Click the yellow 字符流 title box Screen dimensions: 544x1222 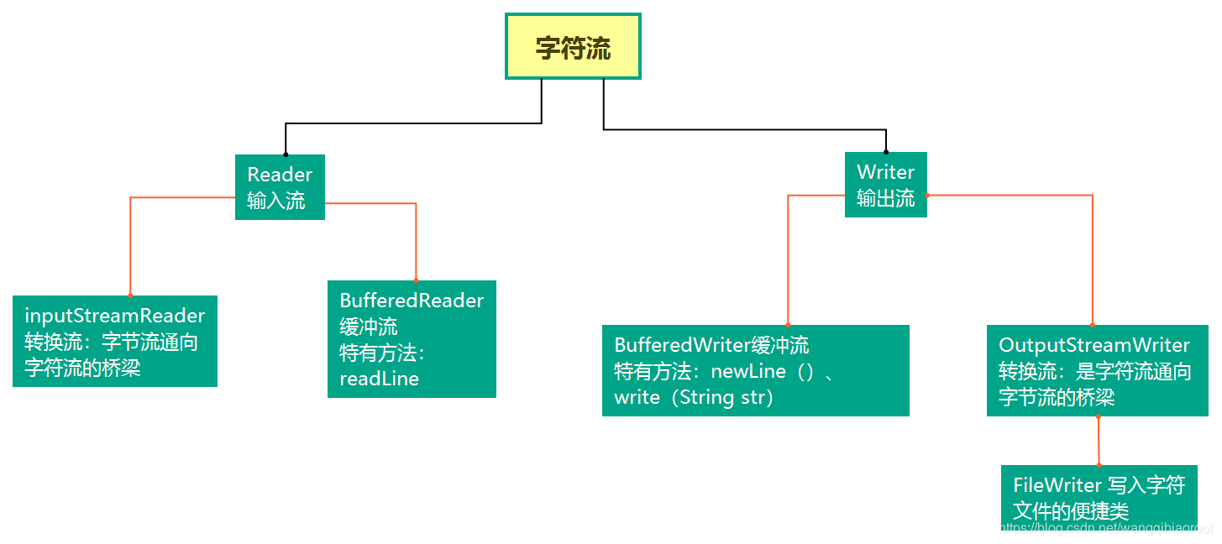[x=573, y=47]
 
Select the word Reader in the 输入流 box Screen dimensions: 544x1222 [x=280, y=175]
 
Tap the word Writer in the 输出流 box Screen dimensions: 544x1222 [x=885, y=172]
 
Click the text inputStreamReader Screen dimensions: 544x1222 [x=115, y=316]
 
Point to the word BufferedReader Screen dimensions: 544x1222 [x=412, y=301]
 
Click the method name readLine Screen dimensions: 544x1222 [x=379, y=379]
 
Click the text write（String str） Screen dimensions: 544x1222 [x=694, y=397]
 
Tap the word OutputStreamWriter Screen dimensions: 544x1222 [x=1094, y=345]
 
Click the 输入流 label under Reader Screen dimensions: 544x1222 [x=276, y=201]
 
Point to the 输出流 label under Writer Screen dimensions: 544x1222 [x=885, y=199]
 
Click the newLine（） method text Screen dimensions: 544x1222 [x=762, y=371]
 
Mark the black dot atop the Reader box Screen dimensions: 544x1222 [x=286, y=154]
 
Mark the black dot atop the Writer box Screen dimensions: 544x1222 [x=886, y=152]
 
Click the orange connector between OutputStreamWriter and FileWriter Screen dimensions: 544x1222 [x=1099, y=441]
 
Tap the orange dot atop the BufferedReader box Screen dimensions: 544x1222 [x=416, y=280]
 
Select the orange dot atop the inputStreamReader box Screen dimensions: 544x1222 [x=130, y=296]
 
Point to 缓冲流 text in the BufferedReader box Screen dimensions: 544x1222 [x=369, y=327]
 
